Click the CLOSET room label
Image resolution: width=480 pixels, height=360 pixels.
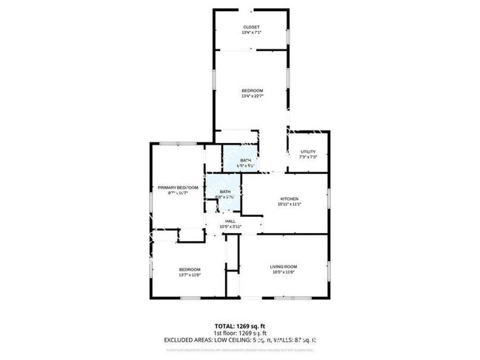[x=251, y=27]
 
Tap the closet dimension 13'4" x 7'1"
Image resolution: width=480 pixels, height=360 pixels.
[x=251, y=33]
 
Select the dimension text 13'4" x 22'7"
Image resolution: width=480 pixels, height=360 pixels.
[x=252, y=96]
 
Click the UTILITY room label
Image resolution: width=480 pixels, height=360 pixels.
[x=308, y=152]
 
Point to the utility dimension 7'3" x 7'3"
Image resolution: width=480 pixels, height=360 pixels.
[x=308, y=157]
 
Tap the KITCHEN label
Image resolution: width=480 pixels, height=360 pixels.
[x=288, y=199]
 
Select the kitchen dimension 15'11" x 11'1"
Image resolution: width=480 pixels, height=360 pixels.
[x=288, y=204]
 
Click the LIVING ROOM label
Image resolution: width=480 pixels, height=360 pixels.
[x=284, y=266]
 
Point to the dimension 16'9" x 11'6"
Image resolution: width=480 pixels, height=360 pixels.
[x=284, y=272]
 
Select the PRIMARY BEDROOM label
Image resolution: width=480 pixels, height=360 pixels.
[x=177, y=187]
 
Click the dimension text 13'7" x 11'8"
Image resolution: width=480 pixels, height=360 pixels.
[x=189, y=275]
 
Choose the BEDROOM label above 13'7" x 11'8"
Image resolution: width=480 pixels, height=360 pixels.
[x=189, y=269]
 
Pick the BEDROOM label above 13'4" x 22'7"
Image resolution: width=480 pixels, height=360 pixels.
[x=252, y=90]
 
